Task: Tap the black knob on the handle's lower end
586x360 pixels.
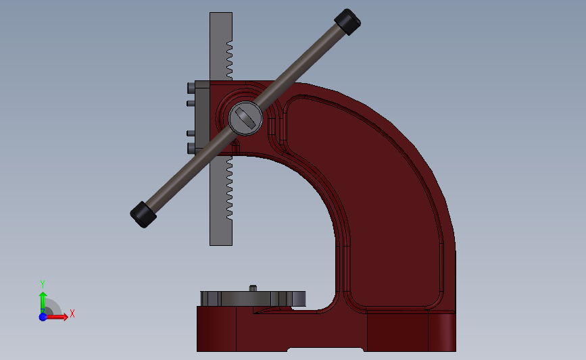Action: pos(143,214)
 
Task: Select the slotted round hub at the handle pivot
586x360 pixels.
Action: pos(245,118)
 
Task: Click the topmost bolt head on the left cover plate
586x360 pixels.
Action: pos(189,88)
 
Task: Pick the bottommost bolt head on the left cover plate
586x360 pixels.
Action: pos(189,147)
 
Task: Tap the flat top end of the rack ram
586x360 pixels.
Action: pos(221,14)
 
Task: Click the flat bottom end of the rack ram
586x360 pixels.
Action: pos(221,244)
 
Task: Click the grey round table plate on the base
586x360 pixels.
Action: pos(253,298)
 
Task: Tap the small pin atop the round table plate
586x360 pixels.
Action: pos(253,288)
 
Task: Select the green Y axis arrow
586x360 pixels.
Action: pos(43,300)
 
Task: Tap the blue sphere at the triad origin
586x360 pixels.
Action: pos(43,316)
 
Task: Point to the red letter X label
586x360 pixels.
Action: pos(72,313)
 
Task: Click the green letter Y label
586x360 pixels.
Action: pos(42,284)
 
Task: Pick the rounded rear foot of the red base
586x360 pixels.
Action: pos(443,332)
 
